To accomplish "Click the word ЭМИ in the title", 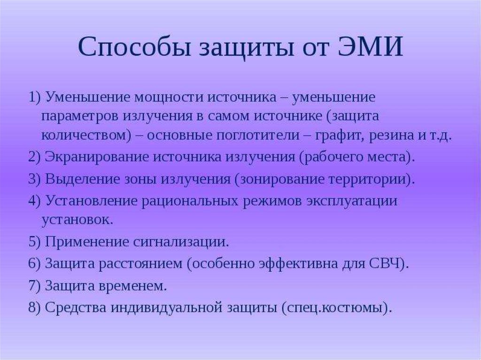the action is (370, 47).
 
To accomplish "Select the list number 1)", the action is (35, 98).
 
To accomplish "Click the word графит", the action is (339, 136).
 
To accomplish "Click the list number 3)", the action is (35, 179).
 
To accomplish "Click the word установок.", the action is (78, 220).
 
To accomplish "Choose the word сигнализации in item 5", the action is (181, 242).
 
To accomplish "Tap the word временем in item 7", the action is (132, 286).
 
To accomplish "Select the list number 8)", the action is (35, 308).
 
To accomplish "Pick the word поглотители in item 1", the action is (258, 135).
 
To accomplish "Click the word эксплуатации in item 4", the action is (351, 201).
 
